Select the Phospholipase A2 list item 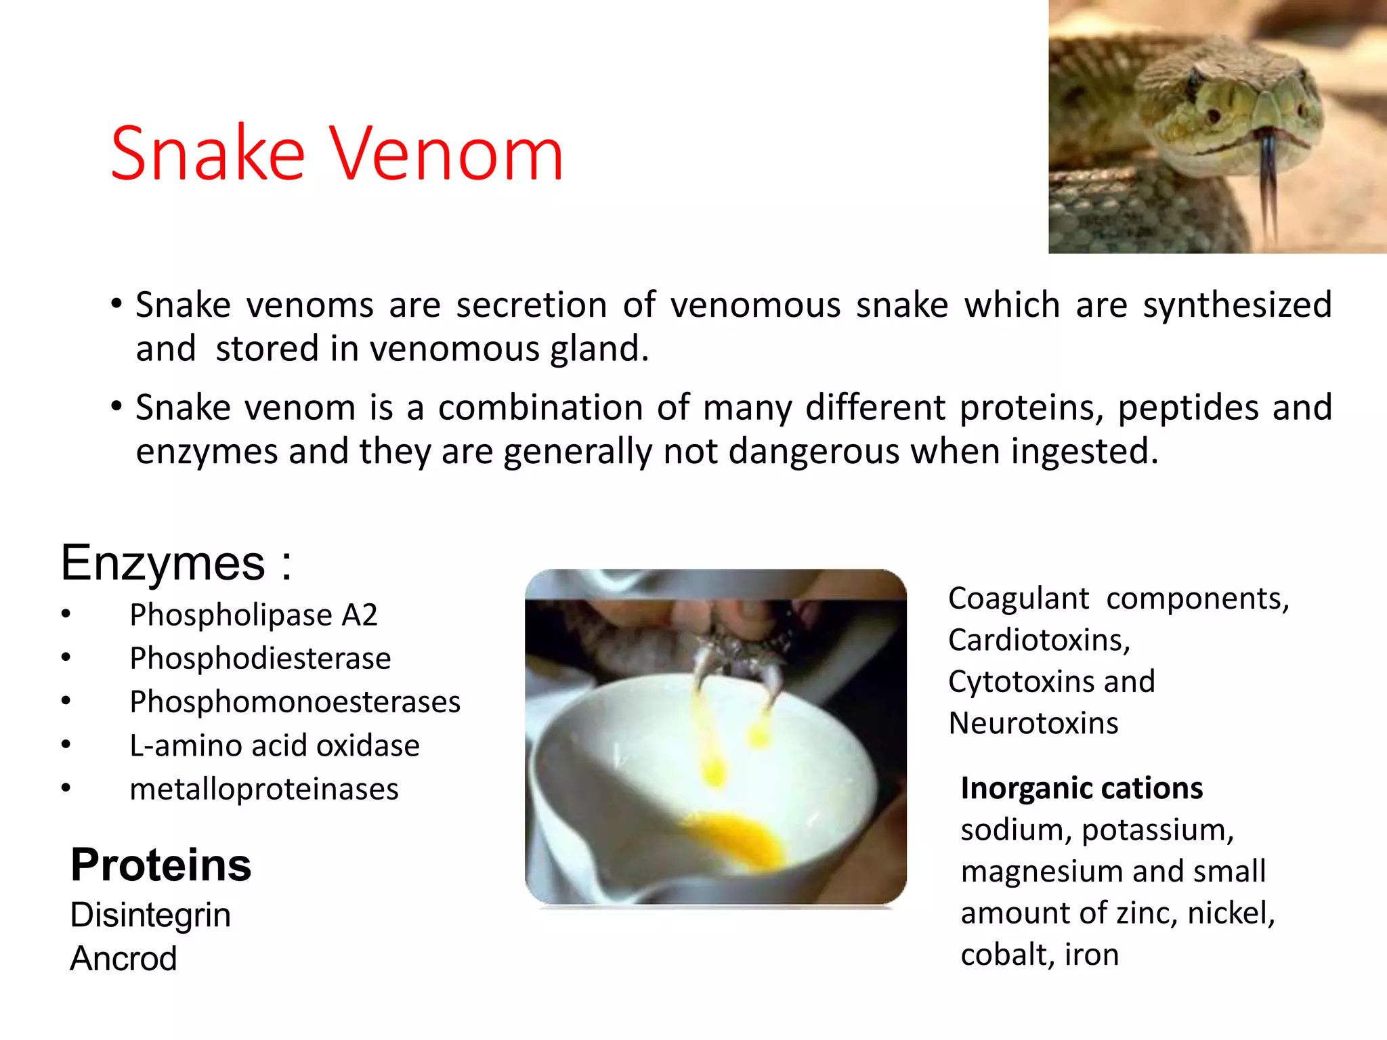(x=253, y=615)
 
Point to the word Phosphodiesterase (x=260, y=658)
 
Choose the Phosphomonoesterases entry (x=295, y=701)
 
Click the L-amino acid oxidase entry (x=274, y=745)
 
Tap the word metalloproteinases (x=264, y=789)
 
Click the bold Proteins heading (x=161, y=865)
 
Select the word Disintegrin (x=150, y=915)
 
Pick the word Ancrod (x=123, y=958)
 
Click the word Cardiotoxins (x=1039, y=640)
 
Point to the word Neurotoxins (x=1033, y=723)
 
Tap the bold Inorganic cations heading (x=1082, y=788)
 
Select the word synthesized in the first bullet (x=1237, y=305)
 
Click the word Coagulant (x=1018, y=599)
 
